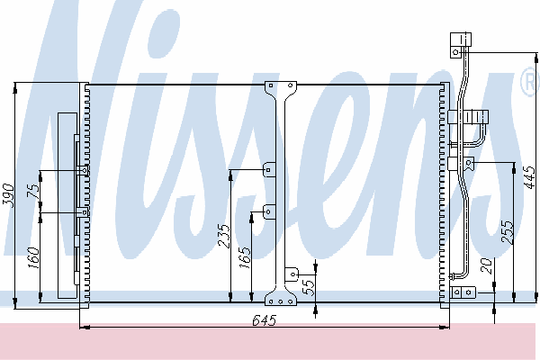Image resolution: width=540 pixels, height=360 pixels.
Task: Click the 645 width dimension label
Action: [x=264, y=320]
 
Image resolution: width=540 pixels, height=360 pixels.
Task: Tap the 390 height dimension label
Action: [x=9, y=196]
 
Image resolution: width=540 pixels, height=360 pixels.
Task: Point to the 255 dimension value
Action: [x=508, y=232]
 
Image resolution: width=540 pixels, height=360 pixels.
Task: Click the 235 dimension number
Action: [x=224, y=237]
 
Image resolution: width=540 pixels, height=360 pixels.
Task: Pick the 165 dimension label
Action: [x=245, y=257]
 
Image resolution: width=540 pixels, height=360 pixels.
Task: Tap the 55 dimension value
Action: [x=308, y=287]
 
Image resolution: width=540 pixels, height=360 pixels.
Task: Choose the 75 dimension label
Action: [x=33, y=191]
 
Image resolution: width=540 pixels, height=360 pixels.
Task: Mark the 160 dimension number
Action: [x=33, y=257]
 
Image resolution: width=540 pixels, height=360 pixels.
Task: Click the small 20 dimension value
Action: [x=486, y=265]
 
